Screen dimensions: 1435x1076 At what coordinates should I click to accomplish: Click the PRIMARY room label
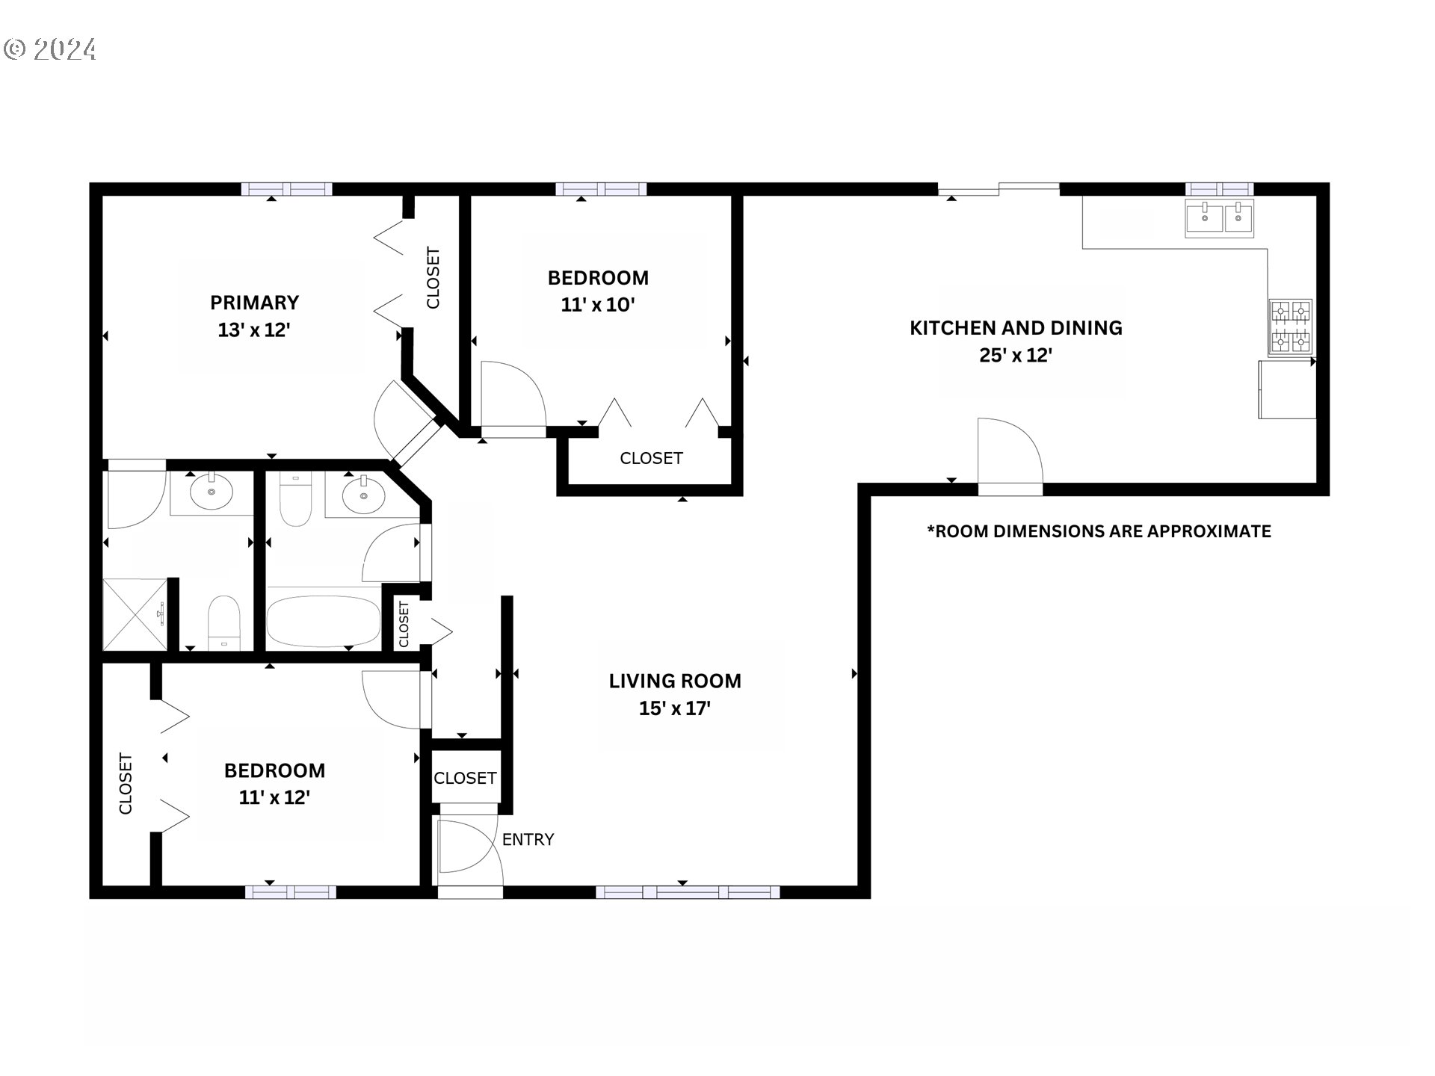[x=254, y=303]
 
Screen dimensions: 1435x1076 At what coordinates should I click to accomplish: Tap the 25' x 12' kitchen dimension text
[x=1016, y=356]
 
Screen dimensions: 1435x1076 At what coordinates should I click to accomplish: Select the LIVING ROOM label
[x=675, y=681]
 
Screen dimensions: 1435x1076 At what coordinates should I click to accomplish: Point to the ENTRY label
[x=528, y=840]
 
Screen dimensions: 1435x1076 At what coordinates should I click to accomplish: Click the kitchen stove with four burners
[x=1291, y=327]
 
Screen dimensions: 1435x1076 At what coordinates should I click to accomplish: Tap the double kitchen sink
[x=1220, y=217]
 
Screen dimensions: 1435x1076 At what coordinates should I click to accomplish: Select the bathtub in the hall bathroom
[x=324, y=620]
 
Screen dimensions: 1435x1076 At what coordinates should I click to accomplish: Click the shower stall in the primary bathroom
[x=135, y=614]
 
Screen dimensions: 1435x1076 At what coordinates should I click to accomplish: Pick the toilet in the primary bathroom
[x=223, y=622]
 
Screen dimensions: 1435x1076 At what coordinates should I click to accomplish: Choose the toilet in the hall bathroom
[x=295, y=499]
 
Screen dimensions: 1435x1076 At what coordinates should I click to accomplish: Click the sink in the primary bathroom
[x=212, y=492]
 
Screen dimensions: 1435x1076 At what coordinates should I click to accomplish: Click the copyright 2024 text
[x=49, y=49]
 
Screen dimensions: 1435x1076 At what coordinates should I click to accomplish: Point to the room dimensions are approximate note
[x=1099, y=531]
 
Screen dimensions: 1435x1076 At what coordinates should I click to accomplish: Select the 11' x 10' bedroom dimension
[x=598, y=305]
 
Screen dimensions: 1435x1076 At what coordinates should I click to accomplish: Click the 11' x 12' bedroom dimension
[x=274, y=797]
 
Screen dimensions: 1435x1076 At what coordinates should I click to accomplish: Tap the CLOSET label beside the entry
[x=465, y=779]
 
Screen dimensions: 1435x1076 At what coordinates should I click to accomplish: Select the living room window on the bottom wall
[x=688, y=892]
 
